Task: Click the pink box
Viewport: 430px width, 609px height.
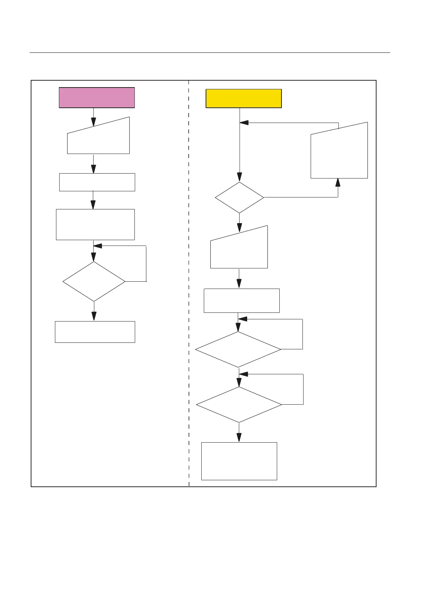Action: point(97,98)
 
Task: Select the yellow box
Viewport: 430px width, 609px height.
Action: point(244,98)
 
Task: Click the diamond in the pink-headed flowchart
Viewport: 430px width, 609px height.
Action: point(94,281)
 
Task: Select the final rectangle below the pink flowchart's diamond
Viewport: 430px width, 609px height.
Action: point(95,332)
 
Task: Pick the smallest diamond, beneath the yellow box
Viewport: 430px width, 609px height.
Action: point(239,197)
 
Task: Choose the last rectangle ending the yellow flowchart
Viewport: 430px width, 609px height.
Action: point(239,461)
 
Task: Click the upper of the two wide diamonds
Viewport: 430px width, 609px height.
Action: point(238,349)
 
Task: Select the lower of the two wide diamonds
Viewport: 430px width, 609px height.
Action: point(239,405)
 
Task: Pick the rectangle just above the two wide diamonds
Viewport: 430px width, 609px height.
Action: point(241,301)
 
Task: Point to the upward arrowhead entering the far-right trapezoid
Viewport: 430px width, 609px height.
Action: point(338,182)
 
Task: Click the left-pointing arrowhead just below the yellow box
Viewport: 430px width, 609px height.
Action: point(244,123)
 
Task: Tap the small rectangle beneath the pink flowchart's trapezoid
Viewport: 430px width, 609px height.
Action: point(97,182)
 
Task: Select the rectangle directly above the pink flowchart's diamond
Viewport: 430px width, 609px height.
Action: point(95,225)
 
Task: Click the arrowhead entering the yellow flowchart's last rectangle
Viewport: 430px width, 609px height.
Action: point(239,438)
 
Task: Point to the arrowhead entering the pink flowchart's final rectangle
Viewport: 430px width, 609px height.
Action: point(94,316)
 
